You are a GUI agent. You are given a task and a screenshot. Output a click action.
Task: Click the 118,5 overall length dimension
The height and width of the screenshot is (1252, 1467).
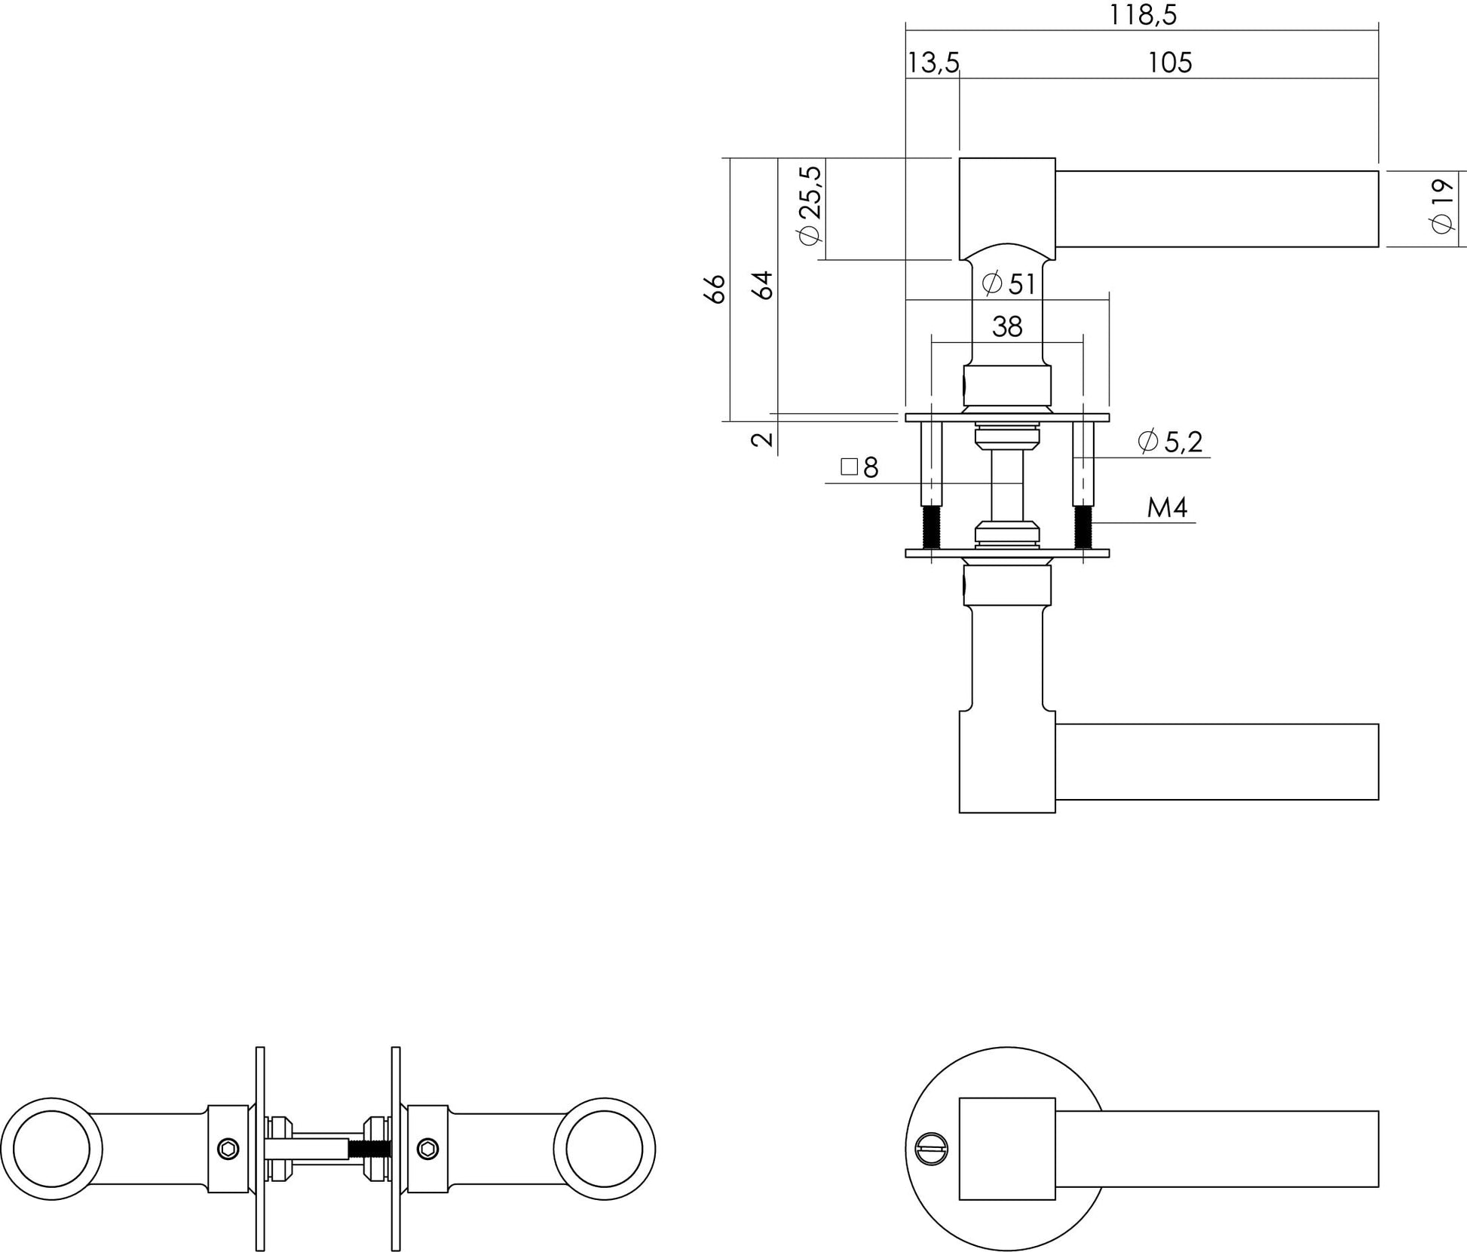click(x=1142, y=15)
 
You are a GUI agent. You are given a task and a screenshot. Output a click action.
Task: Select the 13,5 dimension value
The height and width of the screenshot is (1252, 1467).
click(x=933, y=63)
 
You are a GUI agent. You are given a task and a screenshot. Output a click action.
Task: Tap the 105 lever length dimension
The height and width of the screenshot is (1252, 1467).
click(x=1169, y=63)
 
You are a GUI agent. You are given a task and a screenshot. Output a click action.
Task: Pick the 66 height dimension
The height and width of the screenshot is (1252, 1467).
click(x=715, y=289)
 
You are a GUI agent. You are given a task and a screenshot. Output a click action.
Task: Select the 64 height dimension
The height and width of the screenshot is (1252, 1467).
click(x=764, y=286)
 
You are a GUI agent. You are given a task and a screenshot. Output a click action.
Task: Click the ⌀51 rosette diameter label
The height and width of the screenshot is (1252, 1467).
click(x=1009, y=284)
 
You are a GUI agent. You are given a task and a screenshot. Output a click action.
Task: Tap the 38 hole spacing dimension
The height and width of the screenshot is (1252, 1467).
click(x=1007, y=327)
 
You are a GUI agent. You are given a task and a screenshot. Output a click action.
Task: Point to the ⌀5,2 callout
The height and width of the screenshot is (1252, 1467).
click(x=1170, y=441)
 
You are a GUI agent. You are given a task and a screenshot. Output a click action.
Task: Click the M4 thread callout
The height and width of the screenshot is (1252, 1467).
click(x=1167, y=508)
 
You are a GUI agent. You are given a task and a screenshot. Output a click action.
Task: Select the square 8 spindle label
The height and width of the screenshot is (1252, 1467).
click(x=860, y=468)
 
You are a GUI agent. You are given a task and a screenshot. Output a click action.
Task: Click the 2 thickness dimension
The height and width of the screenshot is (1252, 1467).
click(x=763, y=439)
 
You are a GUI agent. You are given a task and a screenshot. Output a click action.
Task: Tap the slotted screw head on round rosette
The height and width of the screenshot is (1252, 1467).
click(x=927, y=1149)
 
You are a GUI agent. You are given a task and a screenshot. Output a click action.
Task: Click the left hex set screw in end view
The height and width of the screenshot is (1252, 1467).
click(x=228, y=1149)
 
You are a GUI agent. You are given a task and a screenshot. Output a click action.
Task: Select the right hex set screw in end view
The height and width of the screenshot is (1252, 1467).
click(x=428, y=1149)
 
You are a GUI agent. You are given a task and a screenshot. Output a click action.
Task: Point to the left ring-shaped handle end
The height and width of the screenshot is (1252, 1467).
click(x=51, y=1149)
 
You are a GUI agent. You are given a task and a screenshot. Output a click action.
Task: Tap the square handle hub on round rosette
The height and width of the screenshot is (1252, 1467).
click(x=1006, y=1149)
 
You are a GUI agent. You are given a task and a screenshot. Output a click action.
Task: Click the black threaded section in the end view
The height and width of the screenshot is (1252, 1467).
click(x=369, y=1149)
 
